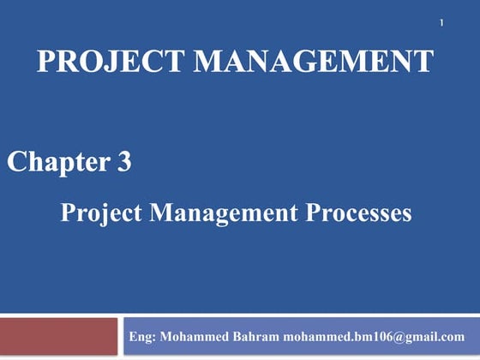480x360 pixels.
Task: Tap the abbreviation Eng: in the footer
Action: tap(141, 336)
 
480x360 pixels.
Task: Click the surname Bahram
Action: tap(255, 336)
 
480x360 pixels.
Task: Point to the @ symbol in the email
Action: tap(399, 336)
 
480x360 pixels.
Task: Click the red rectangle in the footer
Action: tap(59, 336)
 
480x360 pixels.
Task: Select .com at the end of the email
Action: tap(453, 336)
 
